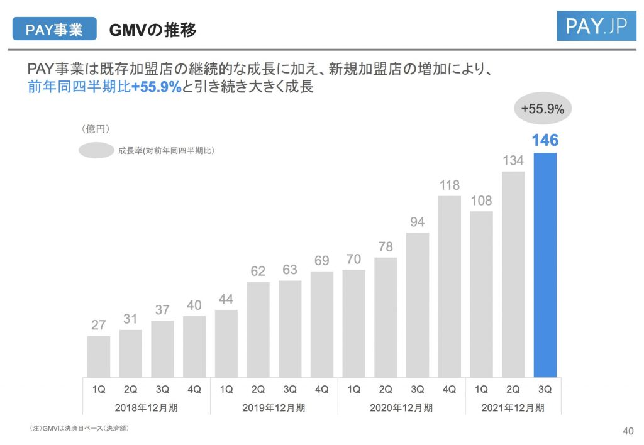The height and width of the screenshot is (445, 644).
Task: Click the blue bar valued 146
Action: click(x=545, y=264)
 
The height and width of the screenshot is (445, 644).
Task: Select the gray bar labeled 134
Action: click(x=513, y=273)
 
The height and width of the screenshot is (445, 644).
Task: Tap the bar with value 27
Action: click(x=99, y=356)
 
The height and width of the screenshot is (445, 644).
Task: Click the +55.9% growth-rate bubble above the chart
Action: click(x=543, y=109)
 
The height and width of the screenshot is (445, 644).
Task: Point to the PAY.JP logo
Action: click(x=596, y=26)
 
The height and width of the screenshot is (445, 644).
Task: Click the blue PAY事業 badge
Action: click(x=55, y=30)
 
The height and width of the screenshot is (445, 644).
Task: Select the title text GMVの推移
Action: click(x=153, y=30)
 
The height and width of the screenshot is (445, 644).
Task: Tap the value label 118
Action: click(x=450, y=185)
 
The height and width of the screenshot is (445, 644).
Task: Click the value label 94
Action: click(x=418, y=222)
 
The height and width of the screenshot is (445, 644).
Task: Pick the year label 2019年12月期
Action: click(x=274, y=407)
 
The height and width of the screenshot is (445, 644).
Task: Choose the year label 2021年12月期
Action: click(x=513, y=407)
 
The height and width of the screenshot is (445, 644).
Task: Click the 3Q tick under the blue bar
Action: click(x=545, y=389)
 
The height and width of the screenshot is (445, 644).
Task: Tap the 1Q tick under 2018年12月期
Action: click(x=99, y=389)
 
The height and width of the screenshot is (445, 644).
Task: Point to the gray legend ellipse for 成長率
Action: click(x=96, y=150)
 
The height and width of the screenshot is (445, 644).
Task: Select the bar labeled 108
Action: click(x=481, y=294)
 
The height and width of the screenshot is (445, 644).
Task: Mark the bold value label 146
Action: click(x=545, y=140)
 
